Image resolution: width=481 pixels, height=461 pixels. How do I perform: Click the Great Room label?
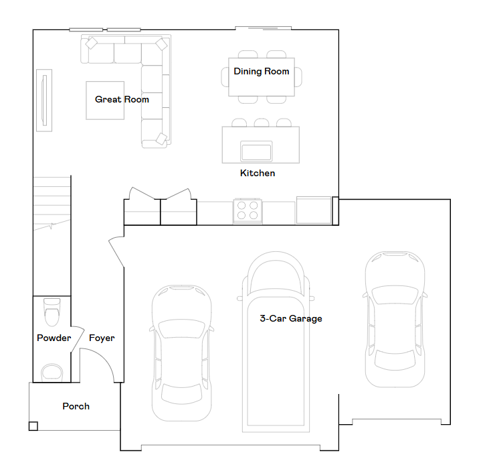[122, 100]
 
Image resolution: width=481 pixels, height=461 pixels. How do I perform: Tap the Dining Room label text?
[262, 71]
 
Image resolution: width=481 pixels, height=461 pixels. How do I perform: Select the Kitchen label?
[258, 173]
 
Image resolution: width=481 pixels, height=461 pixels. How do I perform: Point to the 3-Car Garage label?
[291, 318]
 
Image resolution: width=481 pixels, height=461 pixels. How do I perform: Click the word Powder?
[54, 338]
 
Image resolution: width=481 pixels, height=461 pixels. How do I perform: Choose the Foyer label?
[102, 338]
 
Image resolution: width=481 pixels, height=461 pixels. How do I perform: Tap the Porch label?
[76, 406]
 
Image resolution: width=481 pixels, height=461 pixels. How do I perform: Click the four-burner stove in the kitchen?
[248, 210]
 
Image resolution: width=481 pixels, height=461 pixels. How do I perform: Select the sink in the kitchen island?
[256, 151]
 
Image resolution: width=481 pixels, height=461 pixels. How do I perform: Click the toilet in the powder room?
[52, 312]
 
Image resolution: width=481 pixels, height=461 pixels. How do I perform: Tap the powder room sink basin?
[52, 373]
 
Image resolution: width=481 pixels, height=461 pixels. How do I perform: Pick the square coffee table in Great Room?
[105, 101]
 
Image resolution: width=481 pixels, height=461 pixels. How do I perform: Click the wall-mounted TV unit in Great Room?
[44, 101]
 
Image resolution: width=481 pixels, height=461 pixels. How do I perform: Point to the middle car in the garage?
[276, 342]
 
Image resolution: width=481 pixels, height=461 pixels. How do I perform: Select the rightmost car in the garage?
[395, 319]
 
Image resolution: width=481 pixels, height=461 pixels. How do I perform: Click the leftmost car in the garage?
[181, 353]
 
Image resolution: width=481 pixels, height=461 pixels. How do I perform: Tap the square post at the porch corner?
[33, 426]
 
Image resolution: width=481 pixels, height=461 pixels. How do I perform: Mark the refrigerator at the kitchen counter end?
[314, 210]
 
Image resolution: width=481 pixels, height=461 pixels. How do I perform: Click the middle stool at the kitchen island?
[262, 123]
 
